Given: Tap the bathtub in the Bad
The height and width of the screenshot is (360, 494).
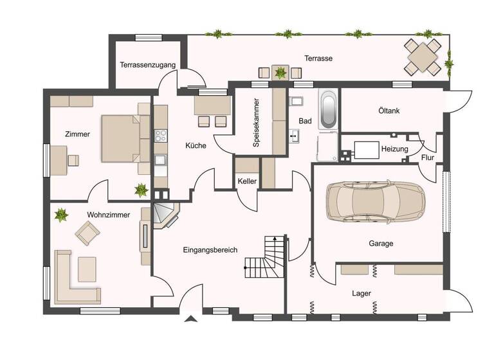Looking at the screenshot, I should click(328, 109).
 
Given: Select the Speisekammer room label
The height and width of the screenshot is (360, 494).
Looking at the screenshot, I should click(256, 123).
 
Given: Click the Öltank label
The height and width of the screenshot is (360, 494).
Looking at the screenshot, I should click(389, 111).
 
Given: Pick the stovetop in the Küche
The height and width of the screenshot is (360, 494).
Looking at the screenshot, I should click(160, 136).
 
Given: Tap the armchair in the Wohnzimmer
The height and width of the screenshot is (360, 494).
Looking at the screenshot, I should click(87, 232).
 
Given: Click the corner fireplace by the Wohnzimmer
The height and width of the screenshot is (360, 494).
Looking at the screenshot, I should click(167, 215).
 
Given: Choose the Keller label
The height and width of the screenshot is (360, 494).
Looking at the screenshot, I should click(247, 182).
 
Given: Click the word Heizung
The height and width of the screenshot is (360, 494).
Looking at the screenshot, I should click(394, 149).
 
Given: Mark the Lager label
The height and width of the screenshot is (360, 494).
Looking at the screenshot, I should click(361, 293).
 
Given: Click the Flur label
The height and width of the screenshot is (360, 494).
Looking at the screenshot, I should click(427, 158).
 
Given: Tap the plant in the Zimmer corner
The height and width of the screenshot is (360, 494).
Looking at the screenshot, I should click(140, 190).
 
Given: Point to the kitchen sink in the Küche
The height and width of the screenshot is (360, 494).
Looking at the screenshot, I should click(160, 160).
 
